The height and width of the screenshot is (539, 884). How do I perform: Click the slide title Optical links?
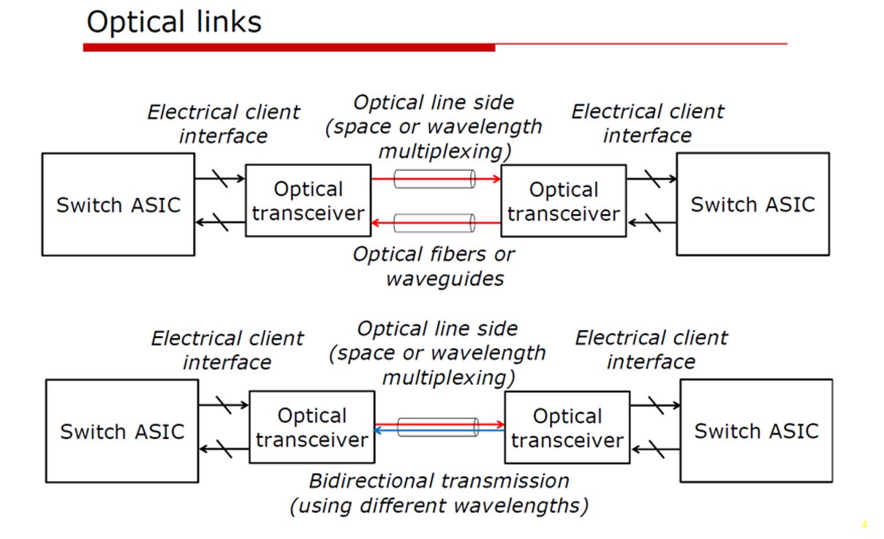coord(174,22)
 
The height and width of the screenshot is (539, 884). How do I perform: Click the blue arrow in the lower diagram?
coord(439,431)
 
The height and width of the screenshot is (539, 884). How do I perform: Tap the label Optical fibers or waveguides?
coord(434,267)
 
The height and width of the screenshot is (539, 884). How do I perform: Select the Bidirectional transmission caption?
coord(439,494)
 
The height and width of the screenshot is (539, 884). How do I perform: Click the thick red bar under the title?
coord(289,47)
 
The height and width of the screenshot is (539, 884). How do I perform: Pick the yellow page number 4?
coord(864,525)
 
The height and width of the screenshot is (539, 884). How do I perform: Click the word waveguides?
coord(445,279)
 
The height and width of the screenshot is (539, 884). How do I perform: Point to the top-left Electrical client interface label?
coord(224,124)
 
